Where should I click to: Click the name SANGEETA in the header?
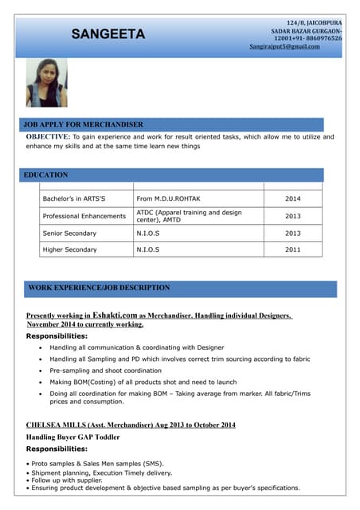(x=108, y=34)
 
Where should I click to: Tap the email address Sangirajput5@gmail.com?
(x=284, y=46)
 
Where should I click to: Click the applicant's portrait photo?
(x=46, y=83)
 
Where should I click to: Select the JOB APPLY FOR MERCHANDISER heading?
(x=84, y=124)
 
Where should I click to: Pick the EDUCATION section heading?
(x=46, y=175)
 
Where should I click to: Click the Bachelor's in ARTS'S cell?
(x=74, y=198)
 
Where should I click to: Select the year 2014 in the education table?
(x=292, y=198)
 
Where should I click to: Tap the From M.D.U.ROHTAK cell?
(x=169, y=198)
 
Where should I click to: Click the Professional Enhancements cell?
(x=84, y=216)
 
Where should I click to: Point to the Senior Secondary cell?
(x=69, y=233)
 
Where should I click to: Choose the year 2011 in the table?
(x=292, y=250)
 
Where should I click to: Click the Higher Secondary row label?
(x=69, y=250)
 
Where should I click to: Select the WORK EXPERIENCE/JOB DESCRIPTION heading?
(x=99, y=288)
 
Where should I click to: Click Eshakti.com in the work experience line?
(x=115, y=316)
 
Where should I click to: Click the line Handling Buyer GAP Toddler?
(x=74, y=437)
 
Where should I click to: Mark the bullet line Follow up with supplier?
(x=68, y=481)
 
